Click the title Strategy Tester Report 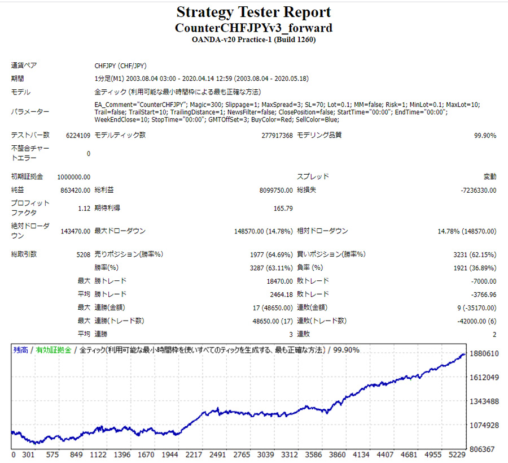(253, 12)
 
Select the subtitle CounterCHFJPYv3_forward (253, 28)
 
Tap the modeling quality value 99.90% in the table (485, 136)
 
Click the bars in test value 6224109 (75, 136)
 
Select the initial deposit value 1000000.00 (74, 177)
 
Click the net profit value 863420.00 (75, 191)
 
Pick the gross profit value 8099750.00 (271, 191)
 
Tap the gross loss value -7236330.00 (479, 191)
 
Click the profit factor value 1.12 (84, 209)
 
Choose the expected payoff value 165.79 (283, 209)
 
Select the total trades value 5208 (82, 254)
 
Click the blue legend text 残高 (20, 350)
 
